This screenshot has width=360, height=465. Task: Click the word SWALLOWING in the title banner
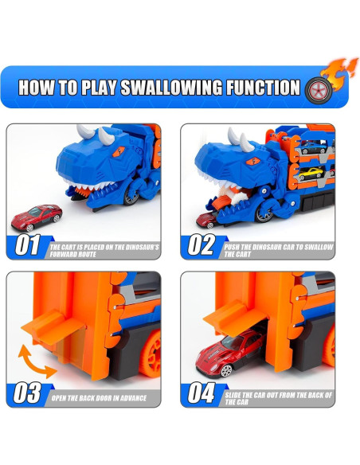[x=171, y=88]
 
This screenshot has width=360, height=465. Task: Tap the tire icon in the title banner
[x=319, y=90]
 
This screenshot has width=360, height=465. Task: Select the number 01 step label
[x=28, y=245]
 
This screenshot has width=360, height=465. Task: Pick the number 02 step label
[x=202, y=244]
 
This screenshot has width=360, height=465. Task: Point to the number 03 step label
[x=27, y=393]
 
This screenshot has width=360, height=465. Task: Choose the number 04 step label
[x=202, y=393]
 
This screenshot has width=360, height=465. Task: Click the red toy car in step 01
[x=37, y=217]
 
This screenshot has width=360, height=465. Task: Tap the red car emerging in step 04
[x=231, y=353]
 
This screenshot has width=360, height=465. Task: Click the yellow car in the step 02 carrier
[x=312, y=174]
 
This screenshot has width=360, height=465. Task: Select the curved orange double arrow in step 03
[x=36, y=361]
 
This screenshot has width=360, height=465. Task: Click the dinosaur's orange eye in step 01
[x=119, y=151]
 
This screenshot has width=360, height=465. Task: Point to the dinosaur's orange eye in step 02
[x=253, y=162]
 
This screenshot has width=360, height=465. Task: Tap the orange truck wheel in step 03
[x=151, y=354]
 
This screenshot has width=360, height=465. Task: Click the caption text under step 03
[x=99, y=398]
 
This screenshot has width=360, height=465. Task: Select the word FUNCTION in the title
[x=264, y=88]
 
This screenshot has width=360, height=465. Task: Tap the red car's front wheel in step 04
[x=226, y=371]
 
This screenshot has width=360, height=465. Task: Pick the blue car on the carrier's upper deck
[x=314, y=147]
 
